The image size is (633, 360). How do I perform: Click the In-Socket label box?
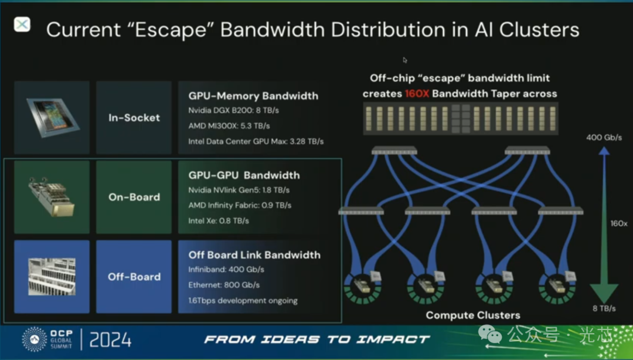134,118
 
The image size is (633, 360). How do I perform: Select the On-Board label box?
134,197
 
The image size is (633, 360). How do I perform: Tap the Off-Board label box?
134,277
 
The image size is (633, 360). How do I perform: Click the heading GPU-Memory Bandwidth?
253,96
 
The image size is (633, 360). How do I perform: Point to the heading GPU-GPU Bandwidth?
244,175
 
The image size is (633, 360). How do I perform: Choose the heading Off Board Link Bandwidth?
254,255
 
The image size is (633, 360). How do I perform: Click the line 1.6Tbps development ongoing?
243,300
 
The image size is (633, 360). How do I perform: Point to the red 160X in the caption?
417,94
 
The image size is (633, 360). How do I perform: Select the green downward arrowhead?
604,292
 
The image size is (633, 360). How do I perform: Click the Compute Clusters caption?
473,315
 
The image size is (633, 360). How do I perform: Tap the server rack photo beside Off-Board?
52,277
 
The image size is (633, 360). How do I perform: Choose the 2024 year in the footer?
111,339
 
